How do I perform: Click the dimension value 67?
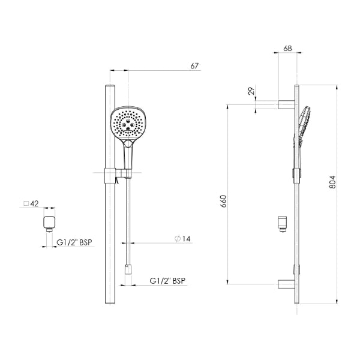(194, 65)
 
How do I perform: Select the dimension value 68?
(287, 48)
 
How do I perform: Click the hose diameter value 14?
(186, 239)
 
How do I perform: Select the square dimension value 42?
(34, 204)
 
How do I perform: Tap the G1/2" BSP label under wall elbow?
(74, 242)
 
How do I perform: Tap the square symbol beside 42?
(26, 204)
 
